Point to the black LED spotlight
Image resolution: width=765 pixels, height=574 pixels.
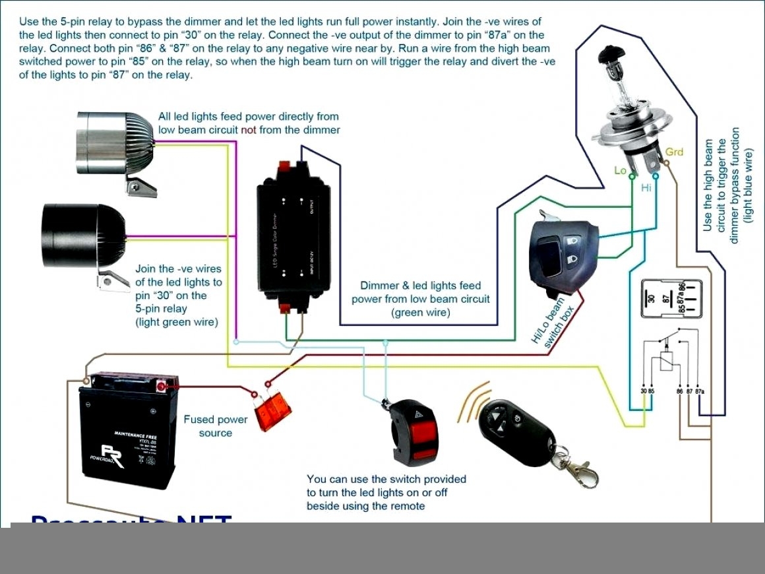click(82, 238)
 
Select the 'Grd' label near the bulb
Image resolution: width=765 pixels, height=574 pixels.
click(674, 152)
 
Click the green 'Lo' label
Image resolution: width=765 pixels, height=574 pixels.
click(620, 170)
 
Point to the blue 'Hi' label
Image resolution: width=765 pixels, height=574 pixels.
click(646, 188)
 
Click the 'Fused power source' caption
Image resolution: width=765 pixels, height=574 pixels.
click(216, 426)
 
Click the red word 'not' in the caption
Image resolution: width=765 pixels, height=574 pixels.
click(249, 130)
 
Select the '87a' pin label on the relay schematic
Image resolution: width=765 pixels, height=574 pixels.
click(700, 391)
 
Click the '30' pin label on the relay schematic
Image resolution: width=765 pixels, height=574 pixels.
click(643, 391)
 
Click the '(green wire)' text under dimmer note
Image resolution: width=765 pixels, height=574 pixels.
click(420, 313)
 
